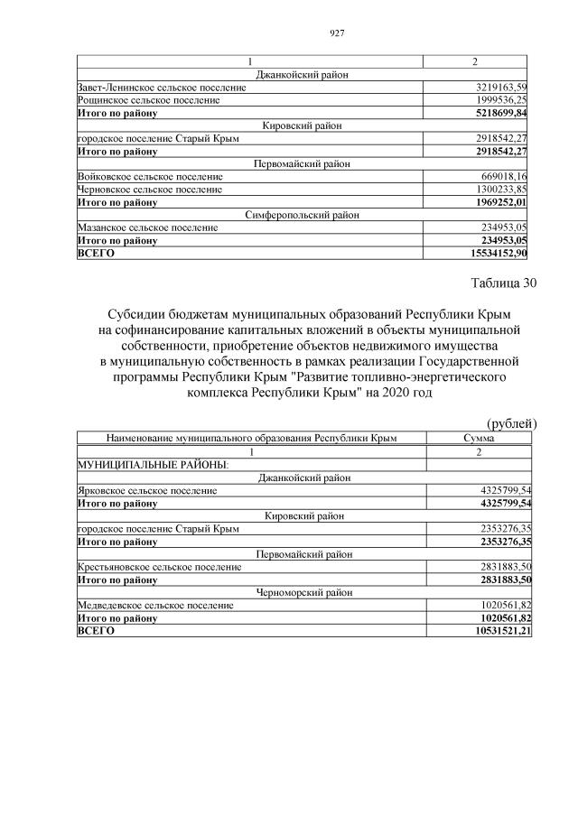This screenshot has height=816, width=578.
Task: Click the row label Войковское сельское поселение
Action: click(x=150, y=177)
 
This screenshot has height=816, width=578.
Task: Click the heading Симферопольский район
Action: click(x=302, y=216)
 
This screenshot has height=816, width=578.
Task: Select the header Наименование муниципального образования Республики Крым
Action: click(x=251, y=438)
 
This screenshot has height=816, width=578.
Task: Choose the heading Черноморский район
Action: click(x=302, y=592)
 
